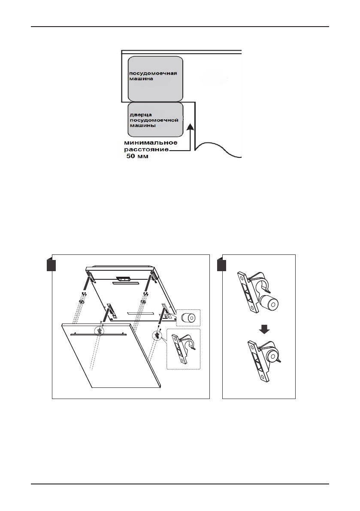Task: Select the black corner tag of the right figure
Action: (222, 265)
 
